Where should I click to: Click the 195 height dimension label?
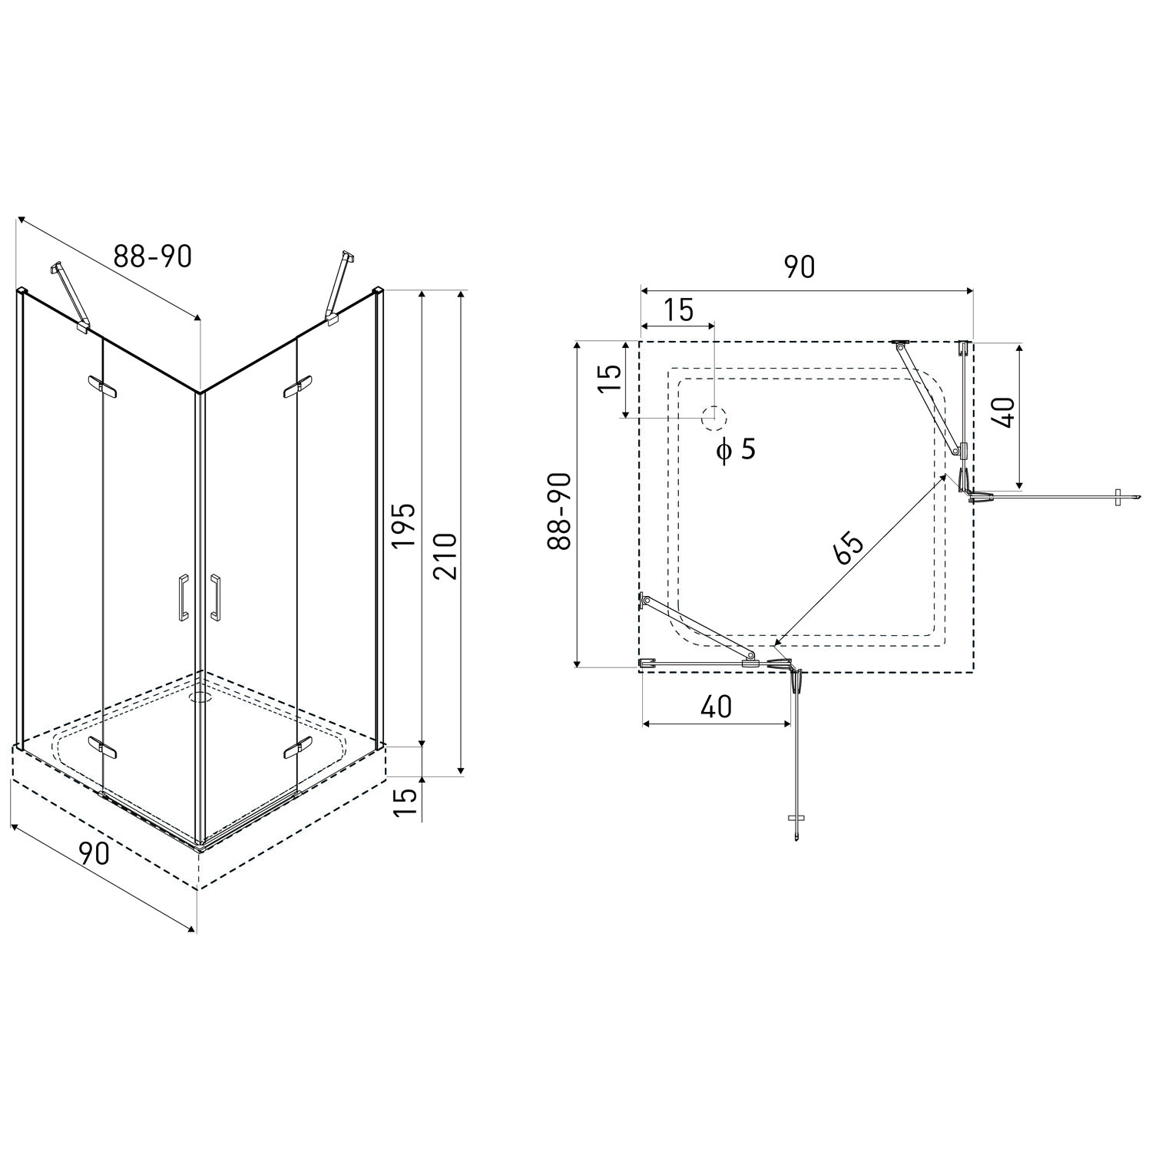[x=403, y=525]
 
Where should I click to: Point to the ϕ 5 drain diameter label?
[x=736, y=449]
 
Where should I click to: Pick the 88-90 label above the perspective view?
[x=153, y=256]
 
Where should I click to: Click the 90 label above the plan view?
[x=799, y=266]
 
